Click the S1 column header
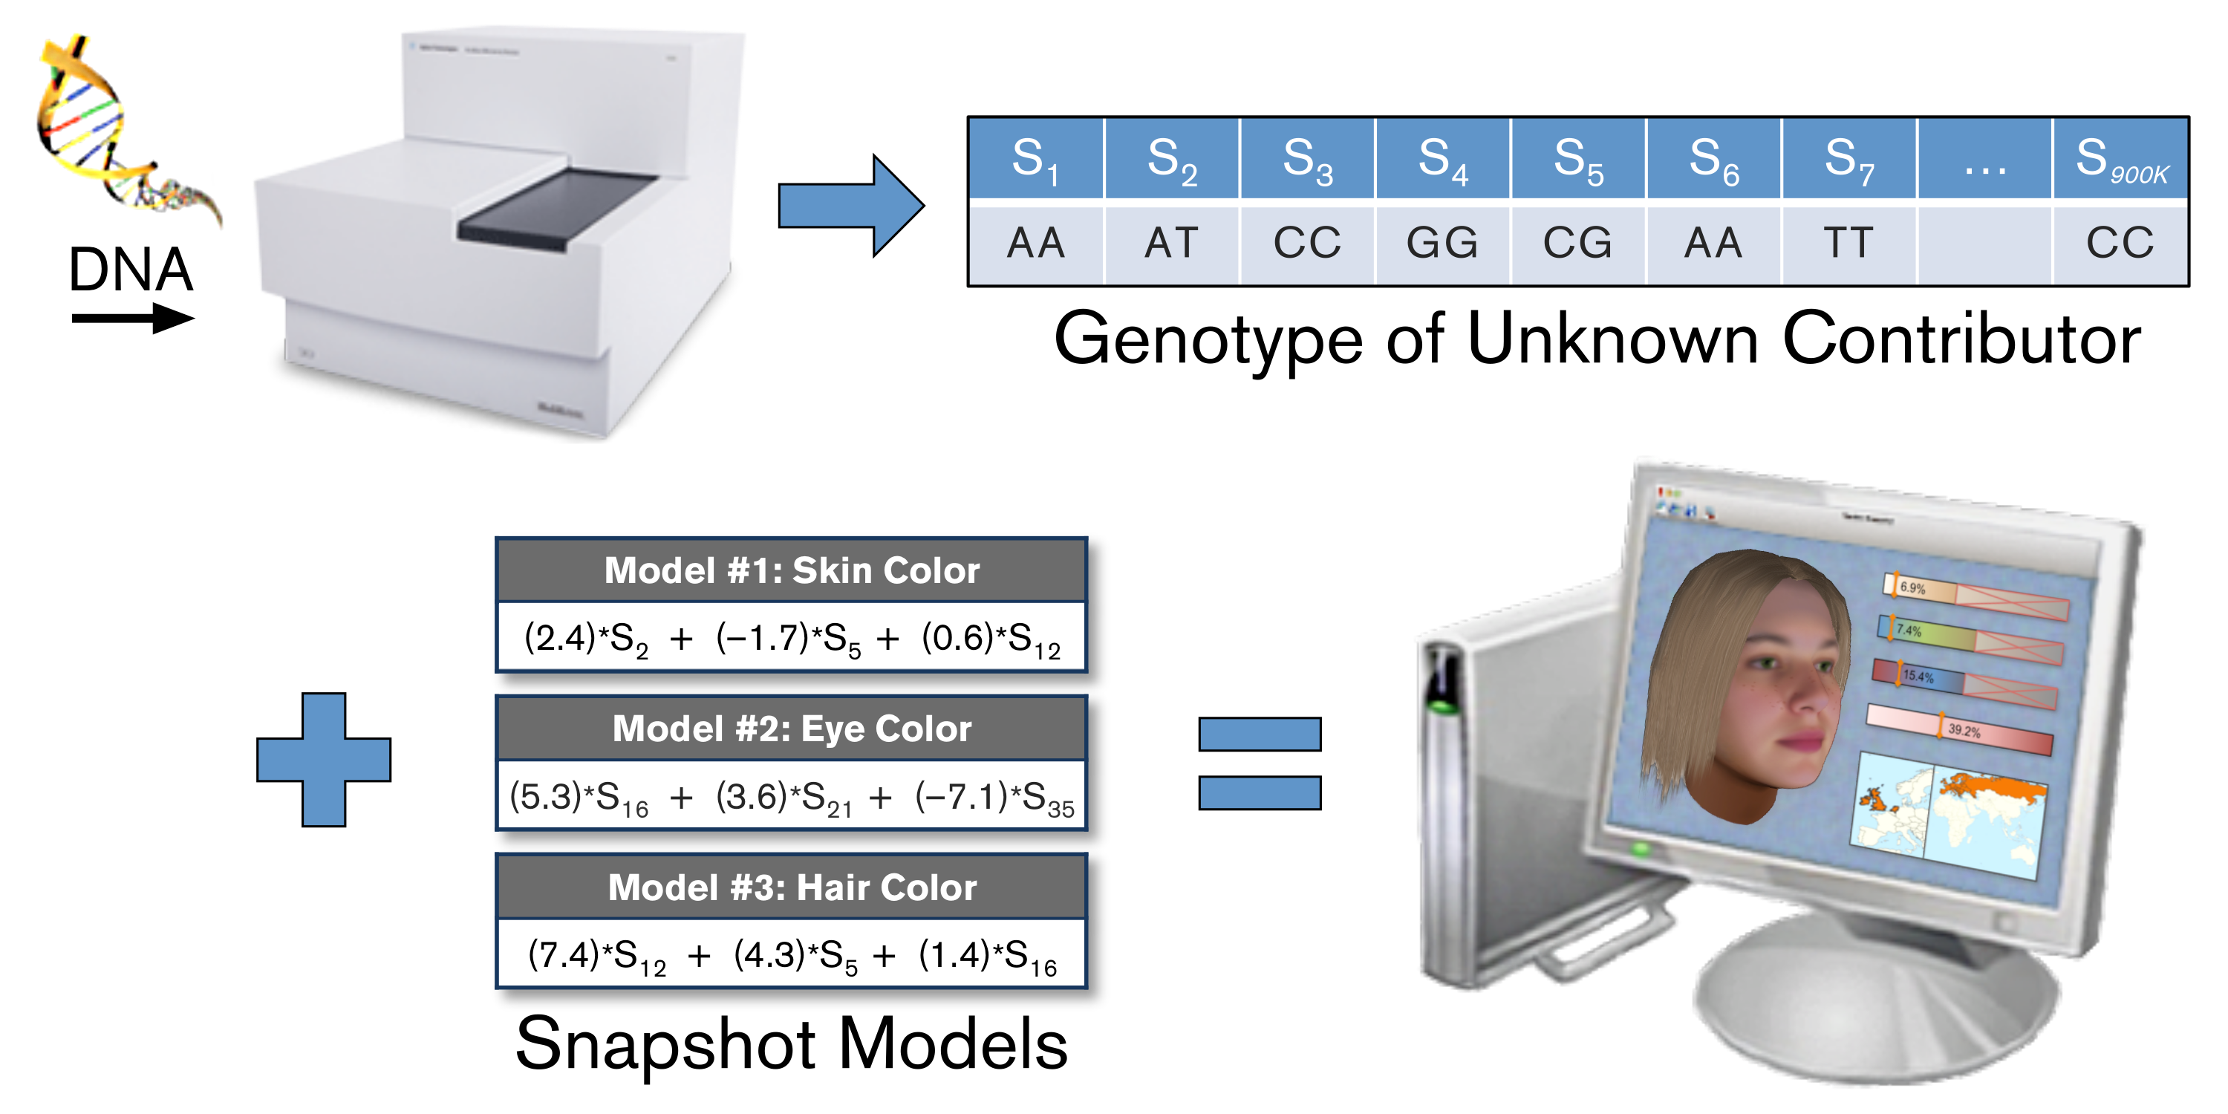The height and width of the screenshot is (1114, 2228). (x=1035, y=159)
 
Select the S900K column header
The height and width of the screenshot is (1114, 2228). (x=2120, y=159)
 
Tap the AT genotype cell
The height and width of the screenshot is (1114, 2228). (x=1171, y=243)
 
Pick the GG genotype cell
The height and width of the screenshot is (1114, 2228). (x=1442, y=243)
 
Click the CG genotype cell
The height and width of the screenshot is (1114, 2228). (x=1577, y=243)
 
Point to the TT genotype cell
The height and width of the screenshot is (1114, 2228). (x=1848, y=243)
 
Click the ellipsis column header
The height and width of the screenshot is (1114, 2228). (x=1984, y=159)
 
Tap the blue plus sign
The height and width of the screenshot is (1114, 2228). (x=324, y=760)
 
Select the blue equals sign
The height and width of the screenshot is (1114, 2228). (x=1260, y=763)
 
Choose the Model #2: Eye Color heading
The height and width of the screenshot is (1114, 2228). (x=792, y=729)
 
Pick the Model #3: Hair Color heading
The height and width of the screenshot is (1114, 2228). (x=792, y=887)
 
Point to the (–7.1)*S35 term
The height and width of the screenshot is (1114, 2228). (x=994, y=798)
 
